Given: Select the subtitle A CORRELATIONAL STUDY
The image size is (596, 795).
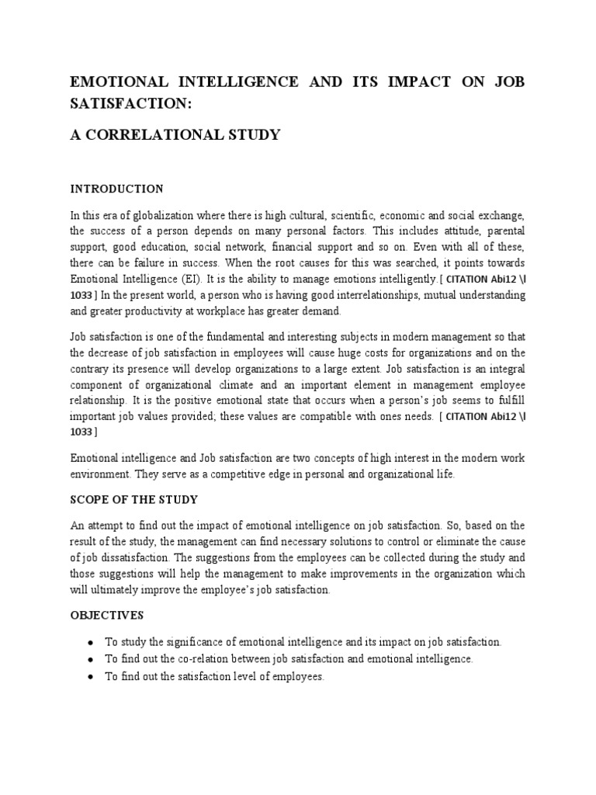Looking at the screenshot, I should point(175,135).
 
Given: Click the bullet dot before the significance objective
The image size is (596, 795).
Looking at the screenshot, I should point(92,643).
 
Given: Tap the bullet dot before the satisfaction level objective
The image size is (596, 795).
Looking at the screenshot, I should point(92,676).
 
